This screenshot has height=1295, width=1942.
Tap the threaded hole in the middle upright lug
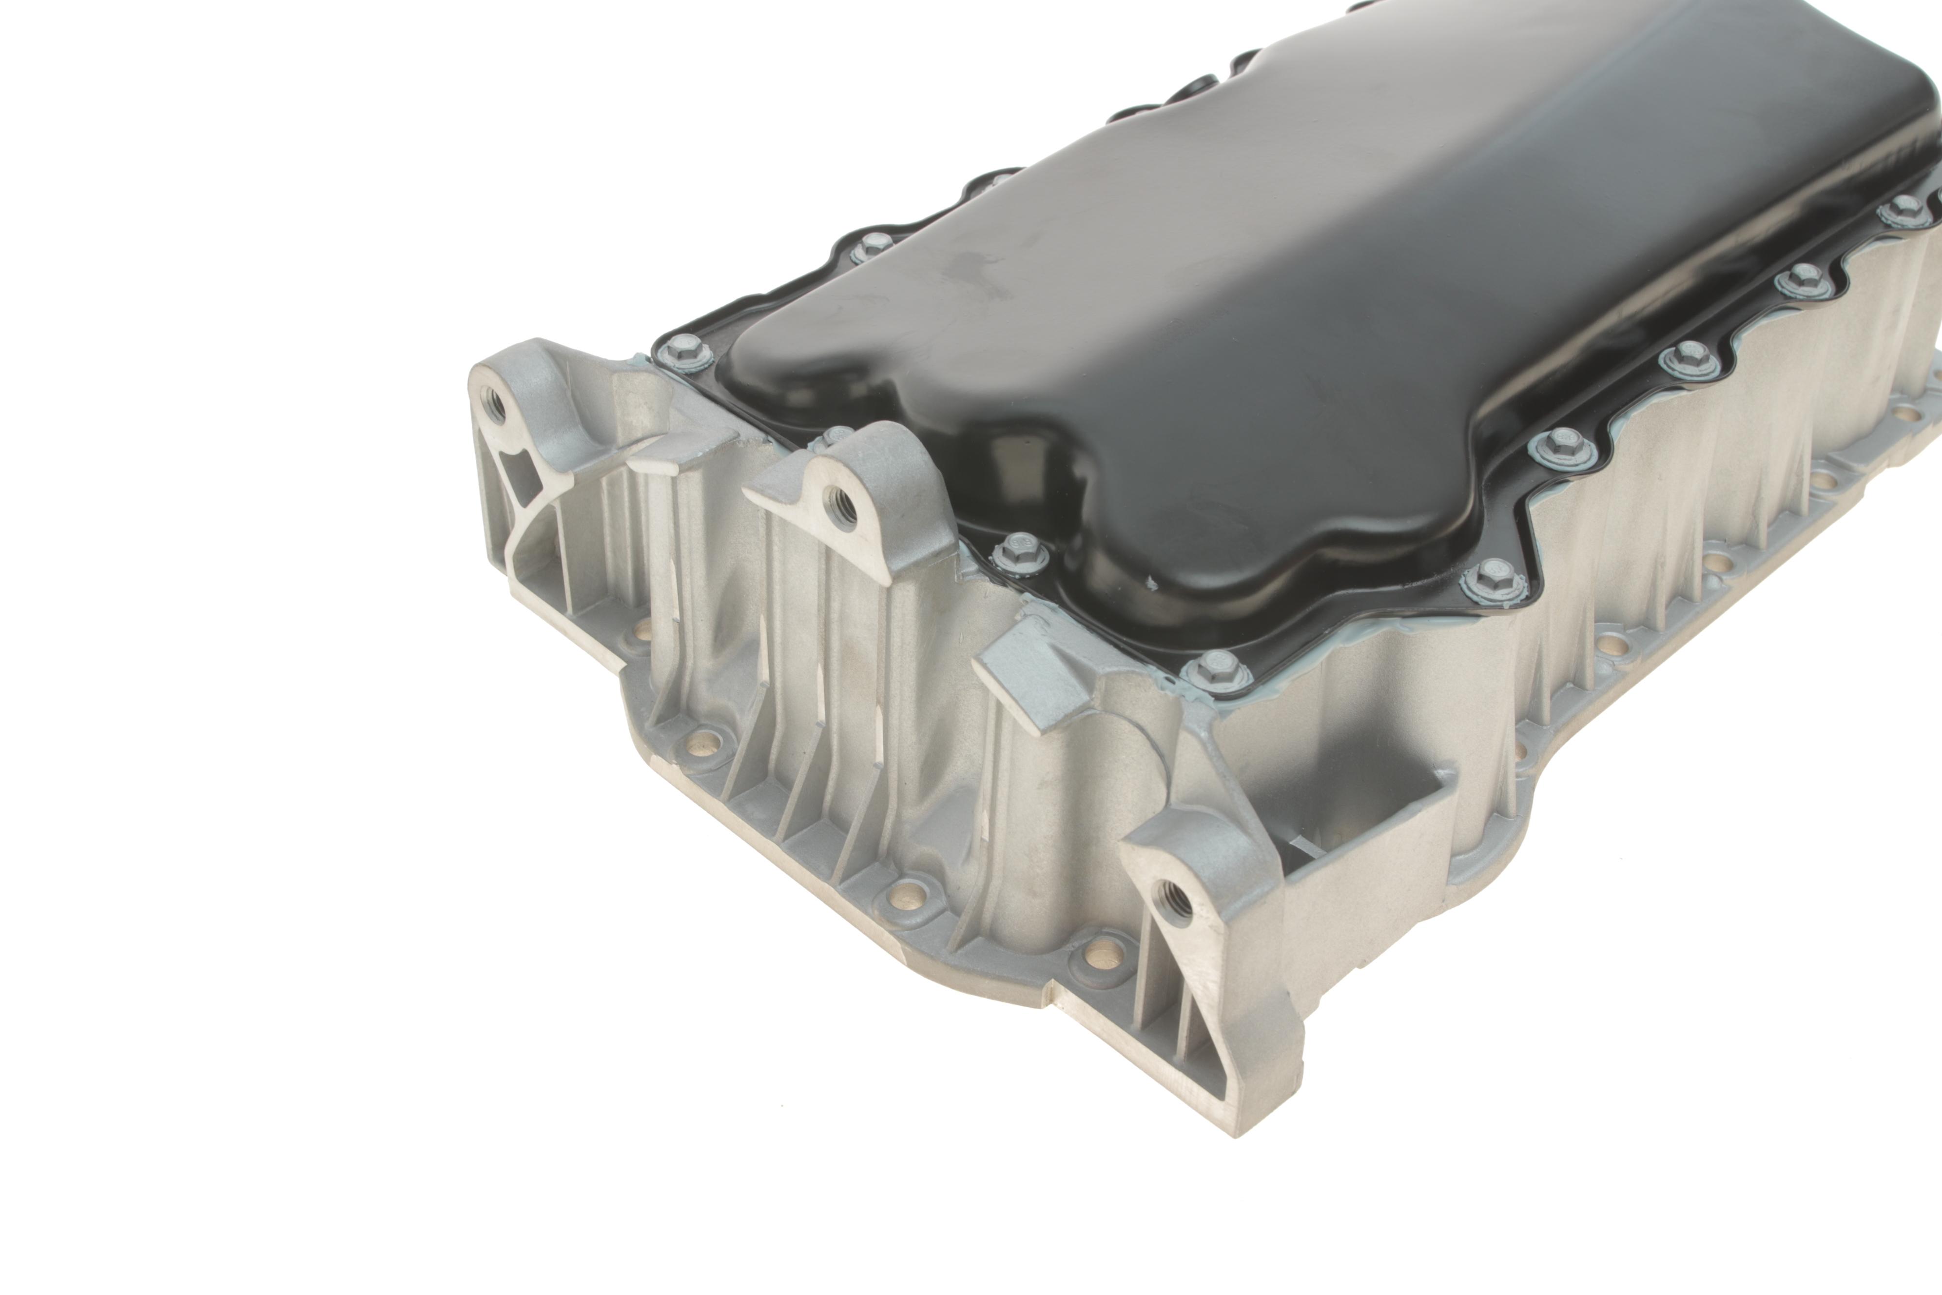point(846,499)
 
